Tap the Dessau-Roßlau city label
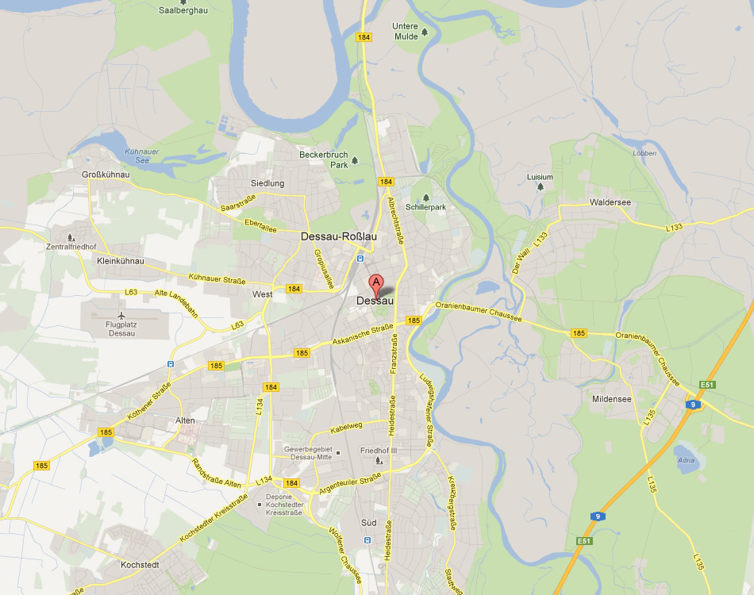[x=338, y=236]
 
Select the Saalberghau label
[x=183, y=11]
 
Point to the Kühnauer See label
[x=131, y=155]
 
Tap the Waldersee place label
[x=610, y=202]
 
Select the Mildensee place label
[x=612, y=399]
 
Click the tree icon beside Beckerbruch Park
[x=355, y=160]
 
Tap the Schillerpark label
[x=426, y=207]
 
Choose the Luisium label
[x=540, y=177]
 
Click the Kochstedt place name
[x=140, y=565]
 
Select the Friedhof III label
[x=378, y=451]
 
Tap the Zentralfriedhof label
[x=72, y=247]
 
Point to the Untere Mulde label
[x=405, y=31]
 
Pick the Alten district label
[x=185, y=420]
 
